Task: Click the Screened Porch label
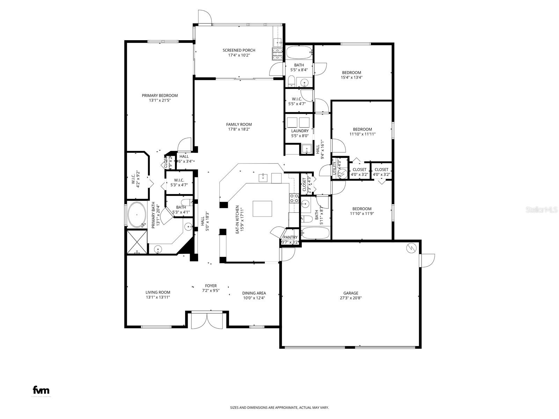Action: point(239,50)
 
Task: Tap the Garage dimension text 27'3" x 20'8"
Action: point(350,298)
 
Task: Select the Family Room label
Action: point(239,124)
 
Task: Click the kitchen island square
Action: point(260,208)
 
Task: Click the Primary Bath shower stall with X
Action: point(137,242)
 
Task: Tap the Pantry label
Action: point(290,237)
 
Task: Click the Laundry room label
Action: point(300,131)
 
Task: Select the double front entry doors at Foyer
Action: point(207,320)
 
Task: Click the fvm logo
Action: point(41,390)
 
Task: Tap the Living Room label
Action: point(158,293)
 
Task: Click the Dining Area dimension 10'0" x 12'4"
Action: point(254,298)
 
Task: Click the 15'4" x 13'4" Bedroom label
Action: point(351,73)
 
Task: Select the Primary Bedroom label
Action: point(160,95)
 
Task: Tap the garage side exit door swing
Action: point(428,260)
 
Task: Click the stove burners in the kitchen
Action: point(294,198)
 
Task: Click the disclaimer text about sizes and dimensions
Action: point(279,407)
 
